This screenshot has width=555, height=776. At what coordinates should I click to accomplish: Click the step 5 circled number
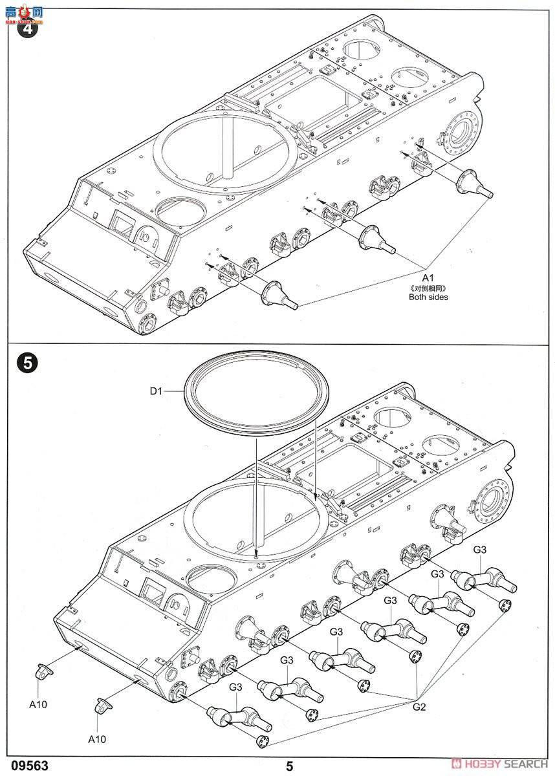(26, 363)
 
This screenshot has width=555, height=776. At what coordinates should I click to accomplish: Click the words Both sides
(428, 297)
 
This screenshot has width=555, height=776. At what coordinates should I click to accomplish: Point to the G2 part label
(419, 706)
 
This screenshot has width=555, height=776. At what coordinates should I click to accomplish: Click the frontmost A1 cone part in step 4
(279, 294)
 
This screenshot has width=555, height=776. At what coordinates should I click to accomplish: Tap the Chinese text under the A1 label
(428, 287)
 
